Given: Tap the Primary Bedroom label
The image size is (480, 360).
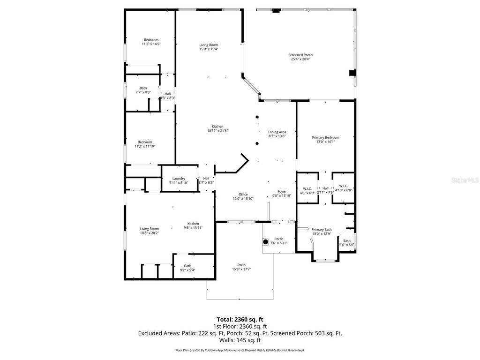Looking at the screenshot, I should click(x=325, y=137).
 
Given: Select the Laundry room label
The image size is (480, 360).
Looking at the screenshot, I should click(x=179, y=178).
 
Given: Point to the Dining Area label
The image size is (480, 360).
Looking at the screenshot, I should click(x=277, y=132).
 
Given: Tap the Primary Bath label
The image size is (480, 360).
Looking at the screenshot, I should click(x=322, y=229).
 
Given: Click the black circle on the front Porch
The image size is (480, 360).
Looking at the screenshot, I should click(x=265, y=242).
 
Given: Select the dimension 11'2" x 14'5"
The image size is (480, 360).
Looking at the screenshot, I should click(x=151, y=44).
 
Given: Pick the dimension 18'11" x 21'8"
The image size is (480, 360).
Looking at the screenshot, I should click(x=217, y=131).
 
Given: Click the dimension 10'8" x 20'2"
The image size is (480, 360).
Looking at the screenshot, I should click(x=150, y=233).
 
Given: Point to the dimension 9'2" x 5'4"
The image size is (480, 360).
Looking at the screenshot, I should click(x=187, y=270).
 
